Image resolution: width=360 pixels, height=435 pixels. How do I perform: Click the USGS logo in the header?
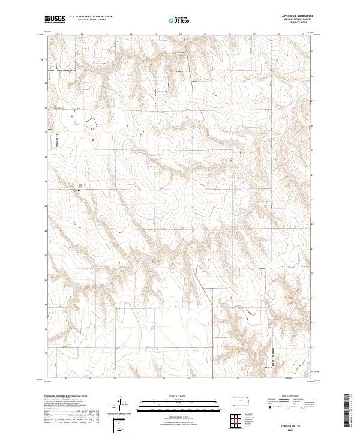pos(55,19)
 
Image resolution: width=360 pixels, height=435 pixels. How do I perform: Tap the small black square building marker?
pos(80,191)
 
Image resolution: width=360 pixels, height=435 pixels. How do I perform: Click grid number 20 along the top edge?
pos(82,34)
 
